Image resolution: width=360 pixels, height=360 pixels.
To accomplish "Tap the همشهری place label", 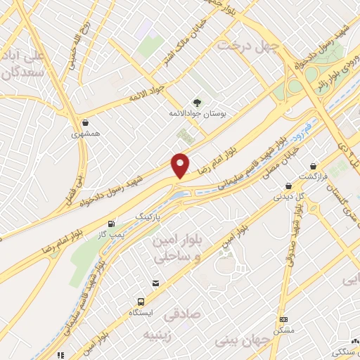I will (86, 132).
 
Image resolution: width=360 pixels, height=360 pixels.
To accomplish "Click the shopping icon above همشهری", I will (86, 122).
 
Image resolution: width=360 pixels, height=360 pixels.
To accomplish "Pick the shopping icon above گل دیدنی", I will (289, 187).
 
